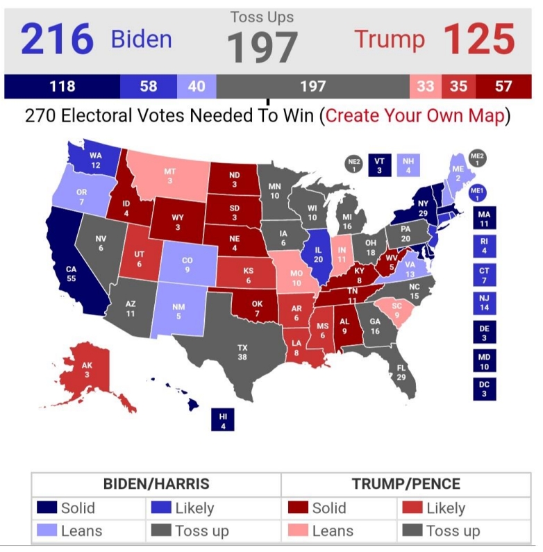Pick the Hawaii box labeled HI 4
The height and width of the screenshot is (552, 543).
(x=223, y=420)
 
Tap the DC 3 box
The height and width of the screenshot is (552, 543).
(x=484, y=388)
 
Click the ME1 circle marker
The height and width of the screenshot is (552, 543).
(x=476, y=193)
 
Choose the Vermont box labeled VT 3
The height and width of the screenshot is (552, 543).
(x=378, y=165)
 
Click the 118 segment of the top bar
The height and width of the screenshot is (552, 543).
(x=62, y=87)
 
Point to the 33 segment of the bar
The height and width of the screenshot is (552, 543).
(x=425, y=87)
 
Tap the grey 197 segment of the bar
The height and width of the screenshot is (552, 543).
(x=312, y=87)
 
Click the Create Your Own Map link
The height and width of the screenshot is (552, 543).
(x=415, y=115)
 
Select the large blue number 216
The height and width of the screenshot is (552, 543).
(x=57, y=39)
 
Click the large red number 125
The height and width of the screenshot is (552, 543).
(x=479, y=39)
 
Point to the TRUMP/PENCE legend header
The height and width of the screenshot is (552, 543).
(x=406, y=484)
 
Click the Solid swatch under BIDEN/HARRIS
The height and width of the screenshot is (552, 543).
(x=47, y=508)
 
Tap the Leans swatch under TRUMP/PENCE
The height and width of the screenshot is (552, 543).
(x=299, y=531)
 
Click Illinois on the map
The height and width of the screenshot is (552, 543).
(x=319, y=253)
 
